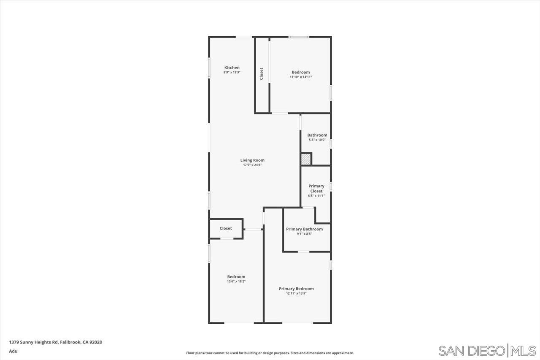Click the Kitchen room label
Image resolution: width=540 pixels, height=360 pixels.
[x=232, y=68]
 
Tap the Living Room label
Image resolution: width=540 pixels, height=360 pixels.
[x=252, y=160]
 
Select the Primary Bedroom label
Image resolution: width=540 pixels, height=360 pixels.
[x=296, y=289]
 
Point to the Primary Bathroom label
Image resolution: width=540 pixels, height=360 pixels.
[x=304, y=229]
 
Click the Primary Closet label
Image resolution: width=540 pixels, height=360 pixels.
[x=316, y=189]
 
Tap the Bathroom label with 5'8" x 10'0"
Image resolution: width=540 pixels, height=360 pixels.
[x=317, y=135]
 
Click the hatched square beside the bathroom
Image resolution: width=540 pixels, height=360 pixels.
[x=306, y=160]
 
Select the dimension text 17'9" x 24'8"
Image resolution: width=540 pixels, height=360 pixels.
[x=252, y=165]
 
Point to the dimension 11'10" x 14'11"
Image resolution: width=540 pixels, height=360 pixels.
[x=301, y=77]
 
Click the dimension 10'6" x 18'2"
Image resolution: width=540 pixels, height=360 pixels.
[x=236, y=282]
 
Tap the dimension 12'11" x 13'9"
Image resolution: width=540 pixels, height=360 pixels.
[x=296, y=293]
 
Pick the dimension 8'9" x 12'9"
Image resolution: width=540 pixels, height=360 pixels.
[x=232, y=72]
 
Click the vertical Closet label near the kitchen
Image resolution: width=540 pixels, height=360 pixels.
[x=261, y=74]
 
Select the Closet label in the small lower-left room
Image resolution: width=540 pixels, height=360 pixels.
[x=226, y=228]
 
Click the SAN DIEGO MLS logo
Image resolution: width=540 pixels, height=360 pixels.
[x=487, y=351]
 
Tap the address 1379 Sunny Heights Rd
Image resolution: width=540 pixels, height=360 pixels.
[x=33, y=342]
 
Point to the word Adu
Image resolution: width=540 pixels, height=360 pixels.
[x=13, y=351]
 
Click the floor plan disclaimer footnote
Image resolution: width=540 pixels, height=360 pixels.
[x=270, y=353]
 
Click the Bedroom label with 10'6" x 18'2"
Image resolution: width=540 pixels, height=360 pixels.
[x=236, y=276]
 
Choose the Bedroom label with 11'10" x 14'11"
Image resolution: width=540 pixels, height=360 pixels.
[x=301, y=72]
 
